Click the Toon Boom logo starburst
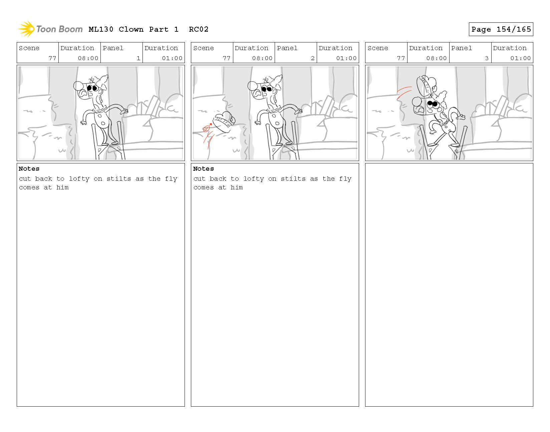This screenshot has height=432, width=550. click(x=26, y=29)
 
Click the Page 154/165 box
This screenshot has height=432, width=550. click(x=501, y=29)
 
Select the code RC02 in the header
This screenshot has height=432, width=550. click(x=199, y=29)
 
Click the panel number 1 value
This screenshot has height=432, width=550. click(x=139, y=58)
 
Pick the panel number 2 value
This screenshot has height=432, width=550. click(x=313, y=58)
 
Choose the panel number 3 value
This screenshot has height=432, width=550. click(x=487, y=58)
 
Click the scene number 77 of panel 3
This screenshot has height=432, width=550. click(x=401, y=58)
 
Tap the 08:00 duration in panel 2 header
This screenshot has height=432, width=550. click(x=262, y=58)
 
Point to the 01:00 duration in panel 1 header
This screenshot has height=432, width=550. click(x=172, y=58)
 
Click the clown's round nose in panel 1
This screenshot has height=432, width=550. click(x=78, y=86)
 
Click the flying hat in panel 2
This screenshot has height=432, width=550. click(x=224, y=122)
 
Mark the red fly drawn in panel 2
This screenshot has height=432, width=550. click(x=207, y=128)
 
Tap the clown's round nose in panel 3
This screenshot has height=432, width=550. click(x=417, y=102)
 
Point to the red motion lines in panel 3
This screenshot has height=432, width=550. click(x=404, y=93)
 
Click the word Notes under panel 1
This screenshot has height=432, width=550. click(x=29, y=169)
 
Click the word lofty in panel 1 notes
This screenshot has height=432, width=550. click(x=79, y=179)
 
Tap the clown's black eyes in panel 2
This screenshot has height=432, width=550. click(x=267, y=89)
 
